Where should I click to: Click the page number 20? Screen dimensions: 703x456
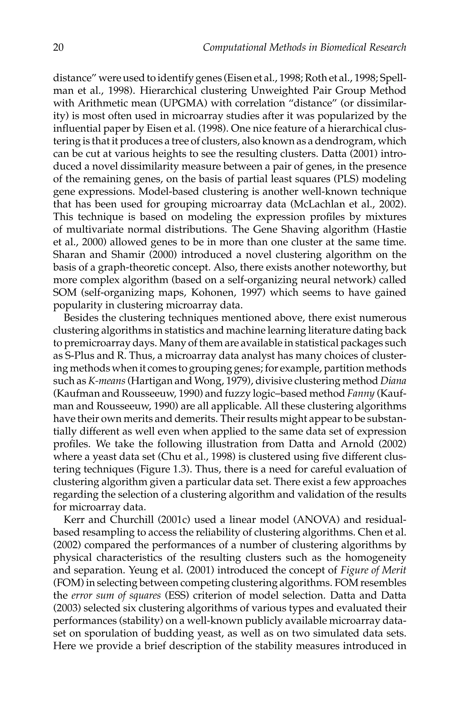point(58,47)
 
